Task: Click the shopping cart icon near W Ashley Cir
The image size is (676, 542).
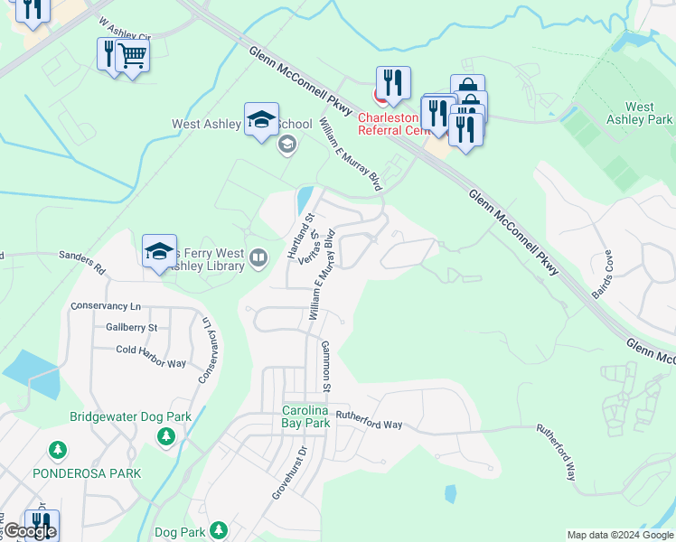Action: click(132, 56)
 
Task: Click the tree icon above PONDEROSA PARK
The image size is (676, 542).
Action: click(58, 450)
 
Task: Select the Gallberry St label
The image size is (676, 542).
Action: click(131, 327)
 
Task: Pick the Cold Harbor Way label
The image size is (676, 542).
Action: click(151, 363)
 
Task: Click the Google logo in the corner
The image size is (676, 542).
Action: click(30, 530)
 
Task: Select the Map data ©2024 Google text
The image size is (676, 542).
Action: click(620, 535)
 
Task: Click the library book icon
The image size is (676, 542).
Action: click(258, 259)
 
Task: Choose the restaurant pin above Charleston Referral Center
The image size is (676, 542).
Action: click(393, 83)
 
